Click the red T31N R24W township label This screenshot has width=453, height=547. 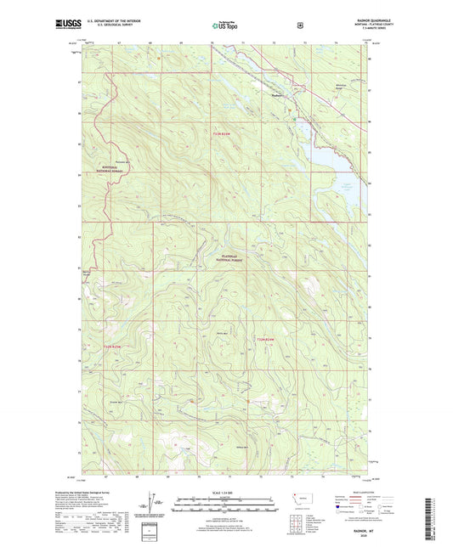point(266,340)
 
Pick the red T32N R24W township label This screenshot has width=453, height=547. point(221,133)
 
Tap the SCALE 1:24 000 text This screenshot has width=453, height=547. point(226,493)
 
